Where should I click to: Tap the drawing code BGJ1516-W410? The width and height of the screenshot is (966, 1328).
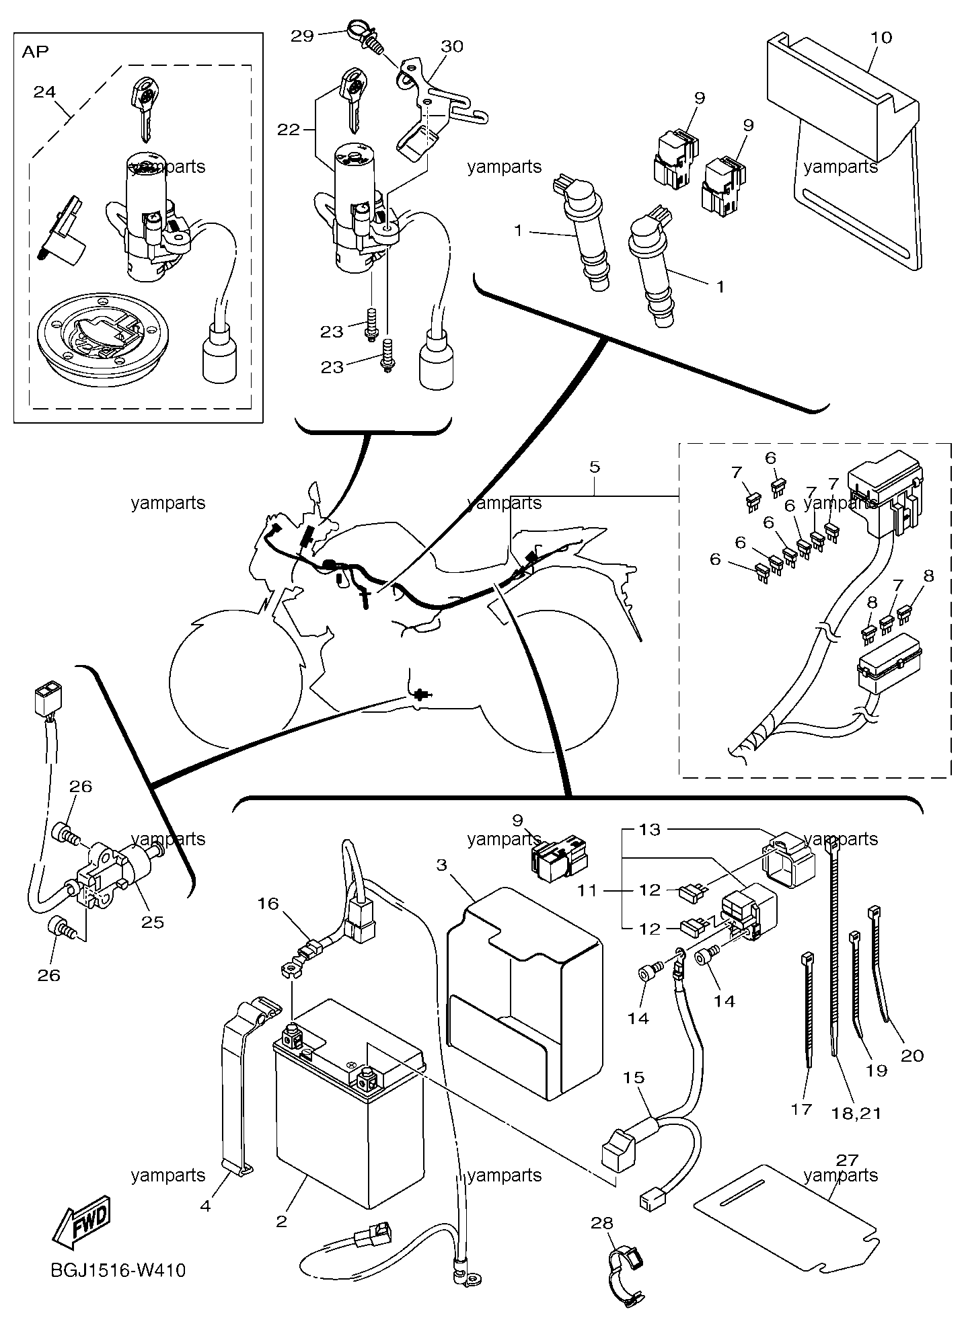(118, 1270)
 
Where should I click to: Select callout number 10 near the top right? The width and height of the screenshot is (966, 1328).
(881, 38)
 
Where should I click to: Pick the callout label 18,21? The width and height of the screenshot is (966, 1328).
(856, 1113)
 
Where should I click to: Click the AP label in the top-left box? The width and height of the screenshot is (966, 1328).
(36, 52)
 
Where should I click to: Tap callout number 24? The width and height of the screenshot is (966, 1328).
(44, 91)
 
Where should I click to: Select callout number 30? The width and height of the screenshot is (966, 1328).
(453, 46)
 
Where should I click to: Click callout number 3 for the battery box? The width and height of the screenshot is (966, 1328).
(441, 865)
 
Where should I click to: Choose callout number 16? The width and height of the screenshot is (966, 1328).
(268, 904)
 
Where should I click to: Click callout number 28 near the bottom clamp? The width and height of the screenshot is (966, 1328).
(602, 1223)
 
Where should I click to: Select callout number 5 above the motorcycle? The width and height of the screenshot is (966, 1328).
(595, 467)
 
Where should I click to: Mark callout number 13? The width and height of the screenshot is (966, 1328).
(650, 830)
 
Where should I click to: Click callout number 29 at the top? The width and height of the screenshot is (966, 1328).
(303, 36)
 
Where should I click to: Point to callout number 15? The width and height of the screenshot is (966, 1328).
(634, 1077)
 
